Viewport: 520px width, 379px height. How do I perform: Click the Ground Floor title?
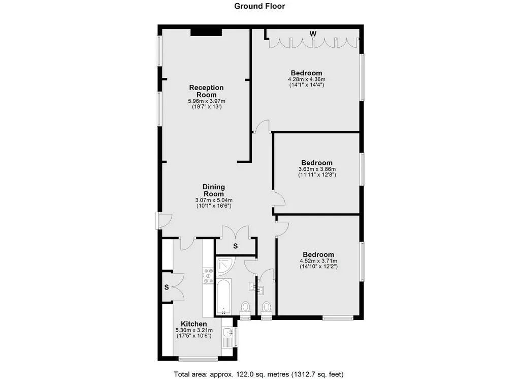(259, 6)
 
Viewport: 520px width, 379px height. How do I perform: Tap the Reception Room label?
(206, 91)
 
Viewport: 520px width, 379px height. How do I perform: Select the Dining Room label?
(214, 190)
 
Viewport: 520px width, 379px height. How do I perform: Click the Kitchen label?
(193, 324)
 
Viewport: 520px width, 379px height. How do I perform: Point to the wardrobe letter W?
(313, 34)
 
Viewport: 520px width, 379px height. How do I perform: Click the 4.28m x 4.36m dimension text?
(306, 79)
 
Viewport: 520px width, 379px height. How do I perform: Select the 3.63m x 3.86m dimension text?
(317, 169)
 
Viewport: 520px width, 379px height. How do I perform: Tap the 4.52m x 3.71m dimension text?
(318, 261)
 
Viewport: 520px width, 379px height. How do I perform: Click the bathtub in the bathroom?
(223, 297)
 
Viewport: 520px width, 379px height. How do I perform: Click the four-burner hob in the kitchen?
(208, 276)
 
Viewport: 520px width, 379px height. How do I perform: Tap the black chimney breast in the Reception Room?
(206, 32)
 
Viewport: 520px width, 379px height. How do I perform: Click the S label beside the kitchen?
(167, 287)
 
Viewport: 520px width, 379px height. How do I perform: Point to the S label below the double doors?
(236, 246)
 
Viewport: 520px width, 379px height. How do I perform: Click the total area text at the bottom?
(258, 374)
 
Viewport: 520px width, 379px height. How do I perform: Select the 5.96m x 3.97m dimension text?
(207, 101)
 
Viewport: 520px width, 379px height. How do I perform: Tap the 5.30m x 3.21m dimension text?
(194, 331)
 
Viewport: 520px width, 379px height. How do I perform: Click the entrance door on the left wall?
(164, 221)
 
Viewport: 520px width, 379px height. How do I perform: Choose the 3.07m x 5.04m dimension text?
(214, 200)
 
